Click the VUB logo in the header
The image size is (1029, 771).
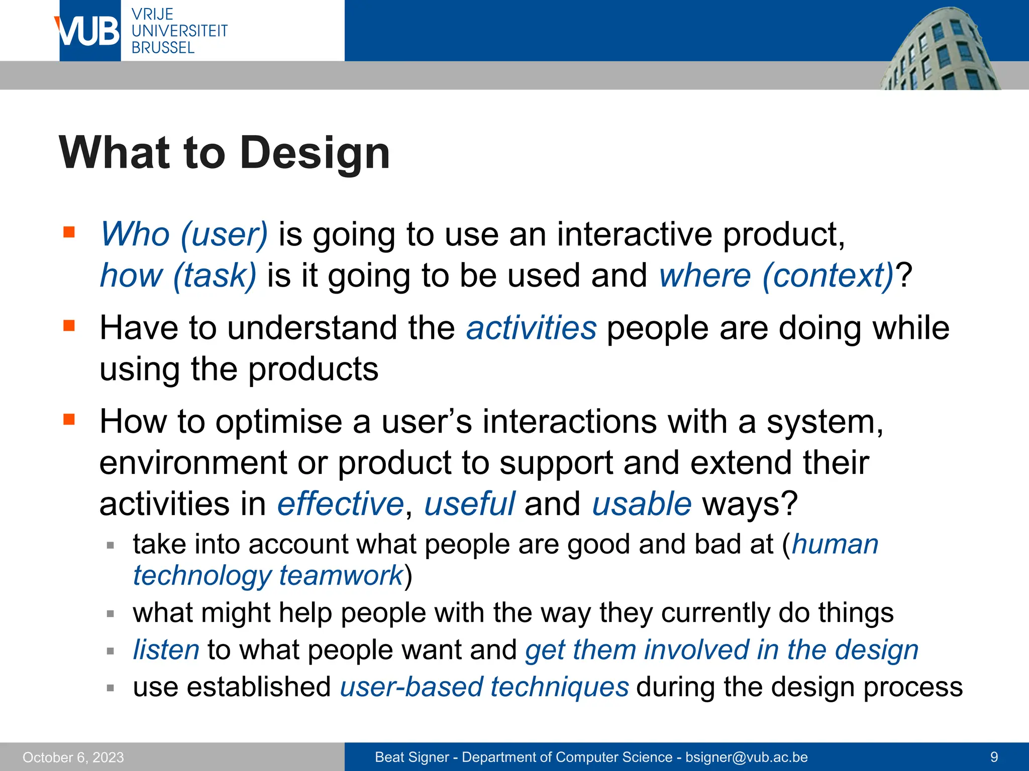pos(89,31)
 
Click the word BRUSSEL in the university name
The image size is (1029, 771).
pos(163,48)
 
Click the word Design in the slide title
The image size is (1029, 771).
pos(315,153)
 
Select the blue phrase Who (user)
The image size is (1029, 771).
pos(184,234)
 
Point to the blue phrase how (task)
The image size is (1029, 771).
pos(178,276)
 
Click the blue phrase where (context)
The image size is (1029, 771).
pos(777,276)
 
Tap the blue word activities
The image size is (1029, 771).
pos(532,328)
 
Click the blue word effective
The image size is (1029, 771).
pos(341,504)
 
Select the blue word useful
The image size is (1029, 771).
pos(469,504)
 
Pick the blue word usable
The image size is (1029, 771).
pos(642,504)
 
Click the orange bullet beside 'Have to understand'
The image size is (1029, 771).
pos(69,326)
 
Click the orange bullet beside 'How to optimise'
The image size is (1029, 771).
pos(69,419)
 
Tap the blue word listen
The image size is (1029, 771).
pos(166,650)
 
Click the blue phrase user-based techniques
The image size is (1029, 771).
pos(484,687)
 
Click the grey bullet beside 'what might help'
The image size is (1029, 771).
pos(111,613)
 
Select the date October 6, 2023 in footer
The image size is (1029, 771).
pos(73,757)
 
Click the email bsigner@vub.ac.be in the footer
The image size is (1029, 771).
pos(747,757)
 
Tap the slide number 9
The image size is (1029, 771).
pos(994,757)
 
